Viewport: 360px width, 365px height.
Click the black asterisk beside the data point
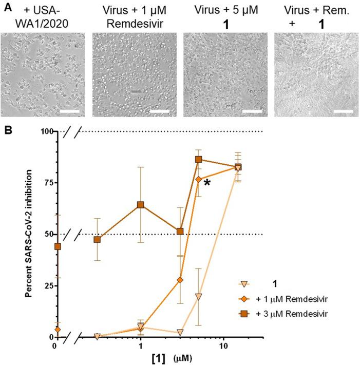pos(207,184)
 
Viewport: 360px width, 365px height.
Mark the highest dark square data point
pos(198,159)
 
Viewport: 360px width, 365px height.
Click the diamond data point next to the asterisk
pos(198,179)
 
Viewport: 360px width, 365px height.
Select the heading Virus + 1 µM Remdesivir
pos(135,16)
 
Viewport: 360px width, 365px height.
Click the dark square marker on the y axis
pos(58,246)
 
